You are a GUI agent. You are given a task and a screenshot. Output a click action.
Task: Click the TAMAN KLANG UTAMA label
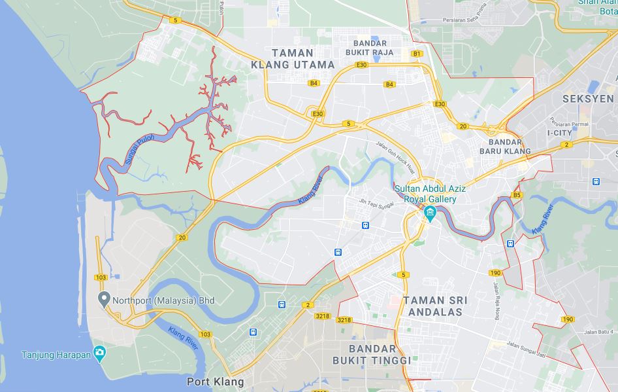pos(293,58)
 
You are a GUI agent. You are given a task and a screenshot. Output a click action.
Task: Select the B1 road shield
pos(417,53)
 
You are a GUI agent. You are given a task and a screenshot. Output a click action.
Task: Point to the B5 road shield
pos(517,195)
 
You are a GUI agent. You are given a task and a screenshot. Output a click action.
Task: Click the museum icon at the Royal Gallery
pos(431,213)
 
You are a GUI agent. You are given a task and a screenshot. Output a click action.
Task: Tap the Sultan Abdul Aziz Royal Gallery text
pos(430,194)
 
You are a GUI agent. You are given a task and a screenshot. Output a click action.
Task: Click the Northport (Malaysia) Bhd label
pos(164,301)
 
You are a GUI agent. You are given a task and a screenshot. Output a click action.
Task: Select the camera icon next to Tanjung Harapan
pos(99,354)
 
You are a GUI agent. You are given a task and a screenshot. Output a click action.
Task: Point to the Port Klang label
pos(215,382)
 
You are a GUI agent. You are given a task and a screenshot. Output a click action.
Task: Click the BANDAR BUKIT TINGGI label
pos(372,355)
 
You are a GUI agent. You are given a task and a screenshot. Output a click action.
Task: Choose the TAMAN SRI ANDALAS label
pos(436,306)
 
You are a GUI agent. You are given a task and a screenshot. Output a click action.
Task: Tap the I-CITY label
pos(559,133)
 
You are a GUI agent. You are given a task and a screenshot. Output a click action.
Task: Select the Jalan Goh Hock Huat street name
pos(397,156)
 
